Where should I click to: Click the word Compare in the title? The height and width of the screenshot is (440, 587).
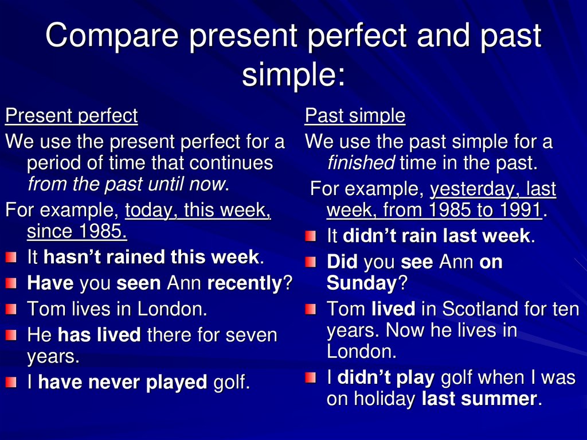pos(112,36)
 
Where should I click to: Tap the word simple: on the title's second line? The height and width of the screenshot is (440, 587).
pos(293,75)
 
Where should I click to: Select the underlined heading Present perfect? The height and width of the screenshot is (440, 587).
pos(72,116)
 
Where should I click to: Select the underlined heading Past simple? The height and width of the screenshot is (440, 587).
pos(355,116)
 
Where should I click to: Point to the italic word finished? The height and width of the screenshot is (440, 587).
pos(360,163)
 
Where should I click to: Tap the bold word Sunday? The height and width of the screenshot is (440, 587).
pos(361,283)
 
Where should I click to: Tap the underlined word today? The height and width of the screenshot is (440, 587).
pos(150,211)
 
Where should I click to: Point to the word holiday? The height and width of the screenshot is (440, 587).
pos(383,399)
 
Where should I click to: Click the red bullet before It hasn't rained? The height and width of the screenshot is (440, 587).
pos(11,258)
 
